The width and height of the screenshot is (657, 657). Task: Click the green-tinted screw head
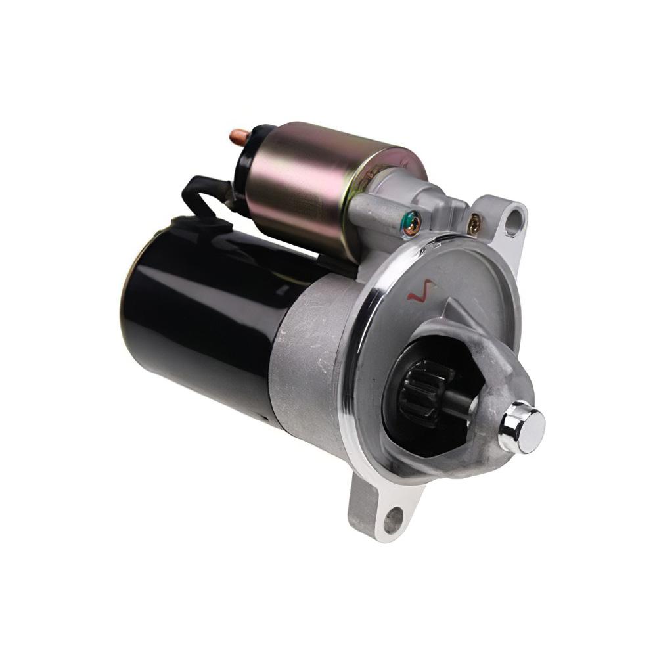(x=412, y=224)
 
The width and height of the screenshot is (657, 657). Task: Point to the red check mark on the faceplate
(x=421, y=290)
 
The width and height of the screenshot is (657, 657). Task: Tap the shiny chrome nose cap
(x=522, y=427)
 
